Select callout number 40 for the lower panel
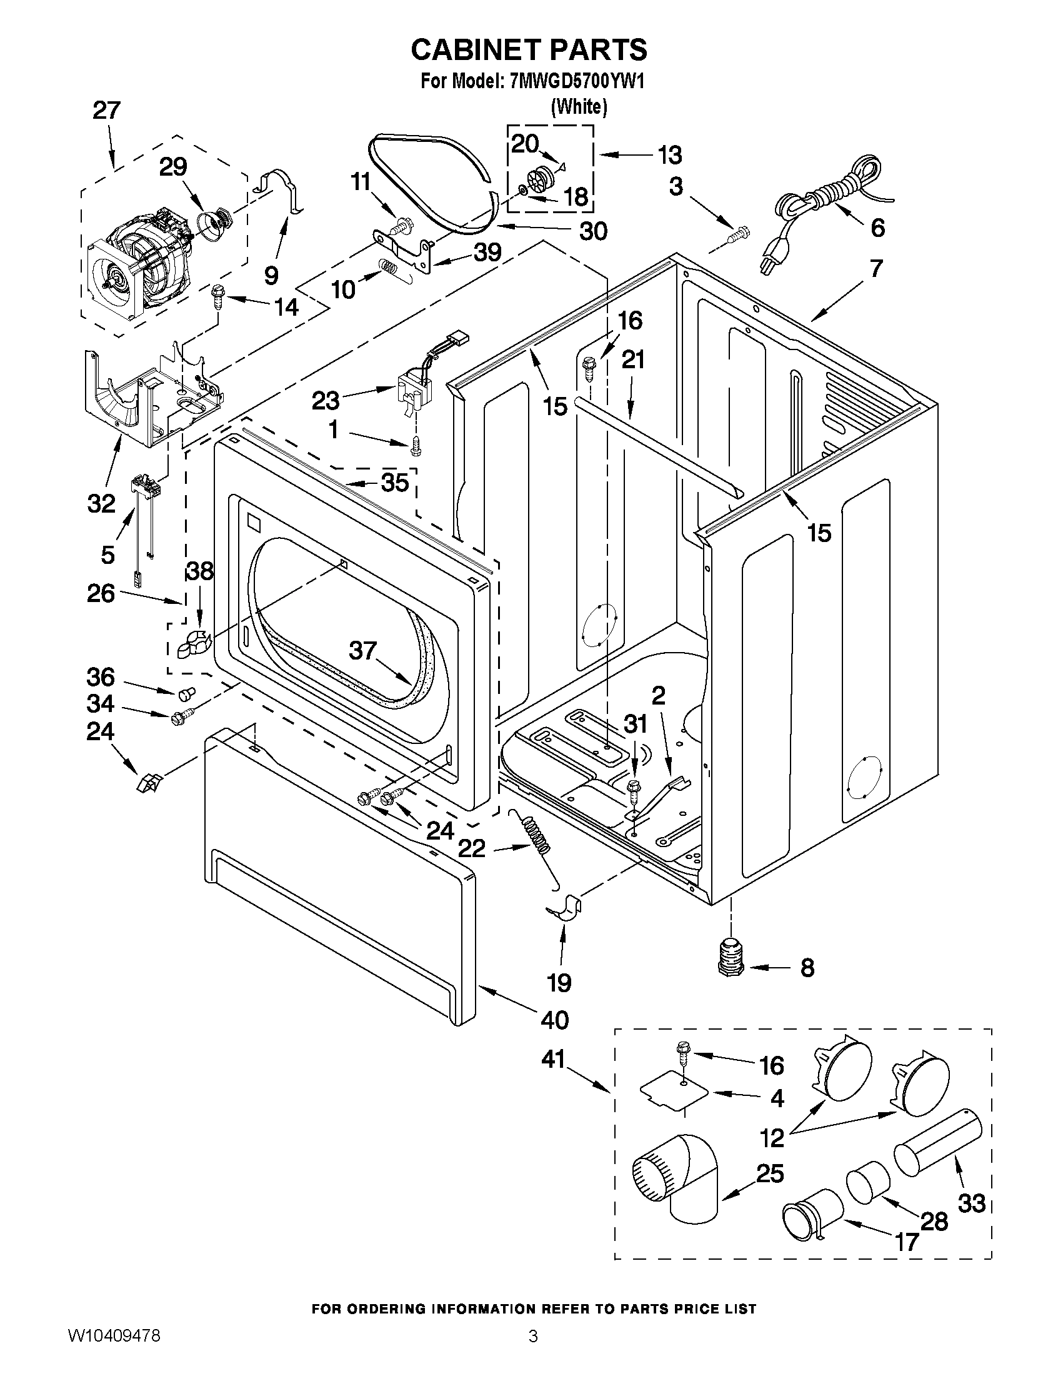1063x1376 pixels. [x=554, y=1019]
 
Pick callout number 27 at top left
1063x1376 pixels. [x=106, y=111]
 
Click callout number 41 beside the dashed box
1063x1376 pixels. [x=554, y=1060]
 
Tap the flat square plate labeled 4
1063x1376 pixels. [x=672, y=1093]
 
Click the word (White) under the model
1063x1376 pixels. [x=579, y=107]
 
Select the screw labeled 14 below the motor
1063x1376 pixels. [x=219, y=296]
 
